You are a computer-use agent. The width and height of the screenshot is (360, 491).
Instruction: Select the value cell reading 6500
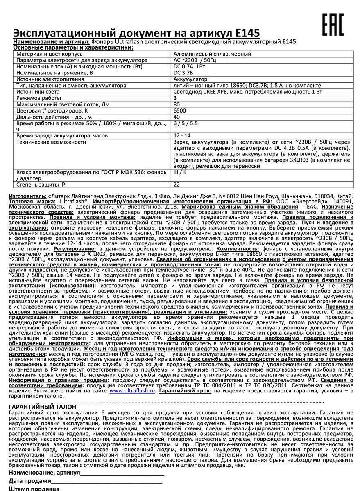180,110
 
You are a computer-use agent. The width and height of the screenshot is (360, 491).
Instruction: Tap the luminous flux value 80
177,104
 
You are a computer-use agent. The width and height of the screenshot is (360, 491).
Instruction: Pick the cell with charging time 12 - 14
182,135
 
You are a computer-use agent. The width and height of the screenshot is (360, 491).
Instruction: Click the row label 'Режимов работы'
37,98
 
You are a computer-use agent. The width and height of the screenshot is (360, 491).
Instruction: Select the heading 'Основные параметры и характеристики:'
73,47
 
